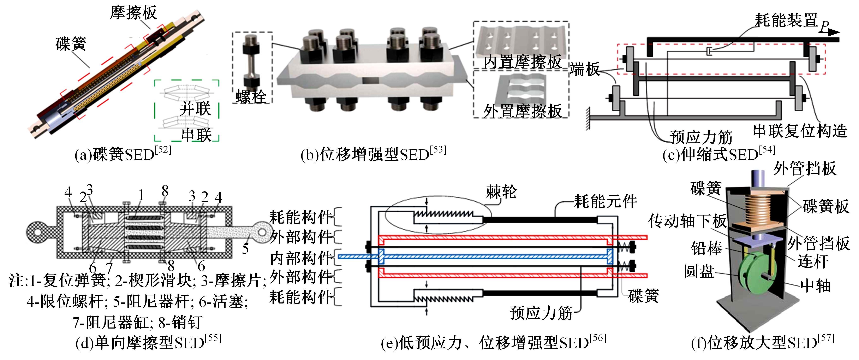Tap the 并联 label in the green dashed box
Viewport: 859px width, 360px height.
click(195, 109)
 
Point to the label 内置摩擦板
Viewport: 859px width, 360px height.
click(522, 62)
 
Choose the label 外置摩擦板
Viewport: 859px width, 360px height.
click(522, 111)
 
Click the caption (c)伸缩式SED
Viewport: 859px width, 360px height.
click(719, 154)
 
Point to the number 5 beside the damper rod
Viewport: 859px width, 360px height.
click(245, 249)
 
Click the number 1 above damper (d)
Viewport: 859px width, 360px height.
click(141, 195)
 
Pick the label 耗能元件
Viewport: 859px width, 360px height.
click(605, 201)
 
